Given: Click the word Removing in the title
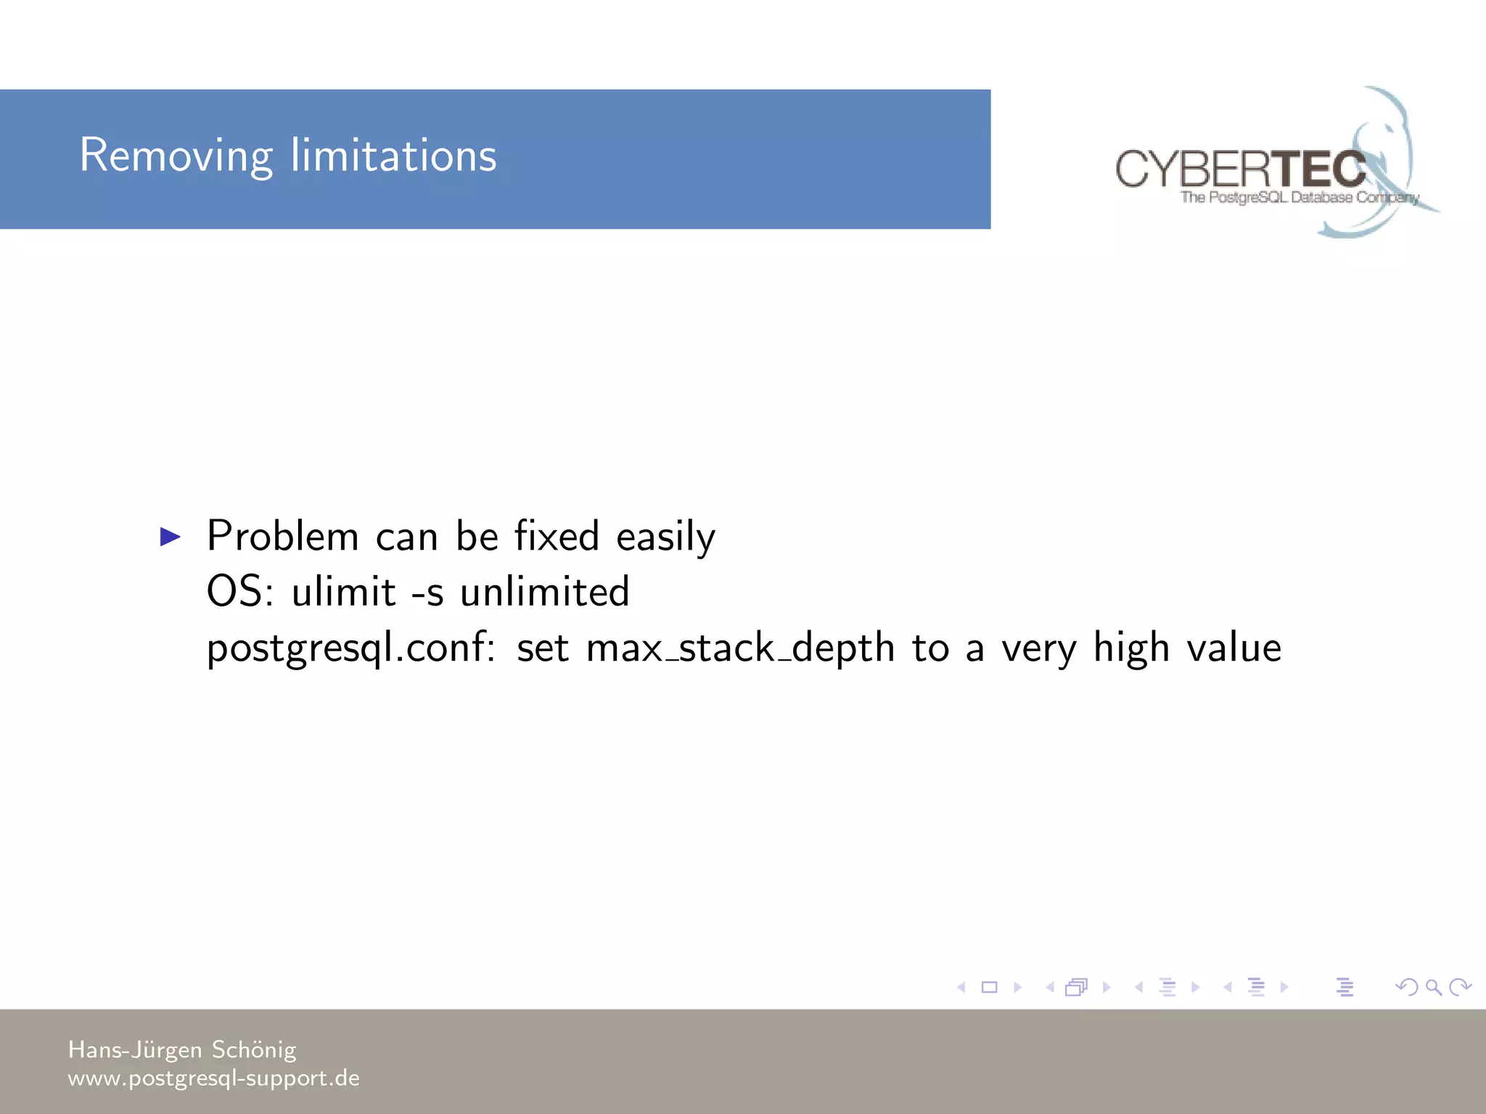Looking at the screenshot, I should (x=176, y=156).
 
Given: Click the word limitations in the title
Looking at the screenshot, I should (x=393, y=156).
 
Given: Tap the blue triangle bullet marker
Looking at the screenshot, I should (x=170, y=537).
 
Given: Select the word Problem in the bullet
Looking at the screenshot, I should (x=283, y=537).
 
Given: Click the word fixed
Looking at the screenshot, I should (x=557, y=537).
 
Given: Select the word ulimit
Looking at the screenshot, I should (x=343, y=592).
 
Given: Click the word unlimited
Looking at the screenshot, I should (x=544, y=592).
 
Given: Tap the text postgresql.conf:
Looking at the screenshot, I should (x=350, y=648).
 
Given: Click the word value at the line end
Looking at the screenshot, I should (x=1233, y=648).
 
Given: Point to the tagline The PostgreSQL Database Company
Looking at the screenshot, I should (x=1299, y=197).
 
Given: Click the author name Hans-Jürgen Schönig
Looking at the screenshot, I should (x=182, y=1049).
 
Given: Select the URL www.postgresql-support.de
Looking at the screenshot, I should (x=213, y=1078).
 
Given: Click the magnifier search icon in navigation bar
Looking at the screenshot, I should (x=1433, y=987).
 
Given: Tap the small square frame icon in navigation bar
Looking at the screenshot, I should (x=989, y=987).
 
